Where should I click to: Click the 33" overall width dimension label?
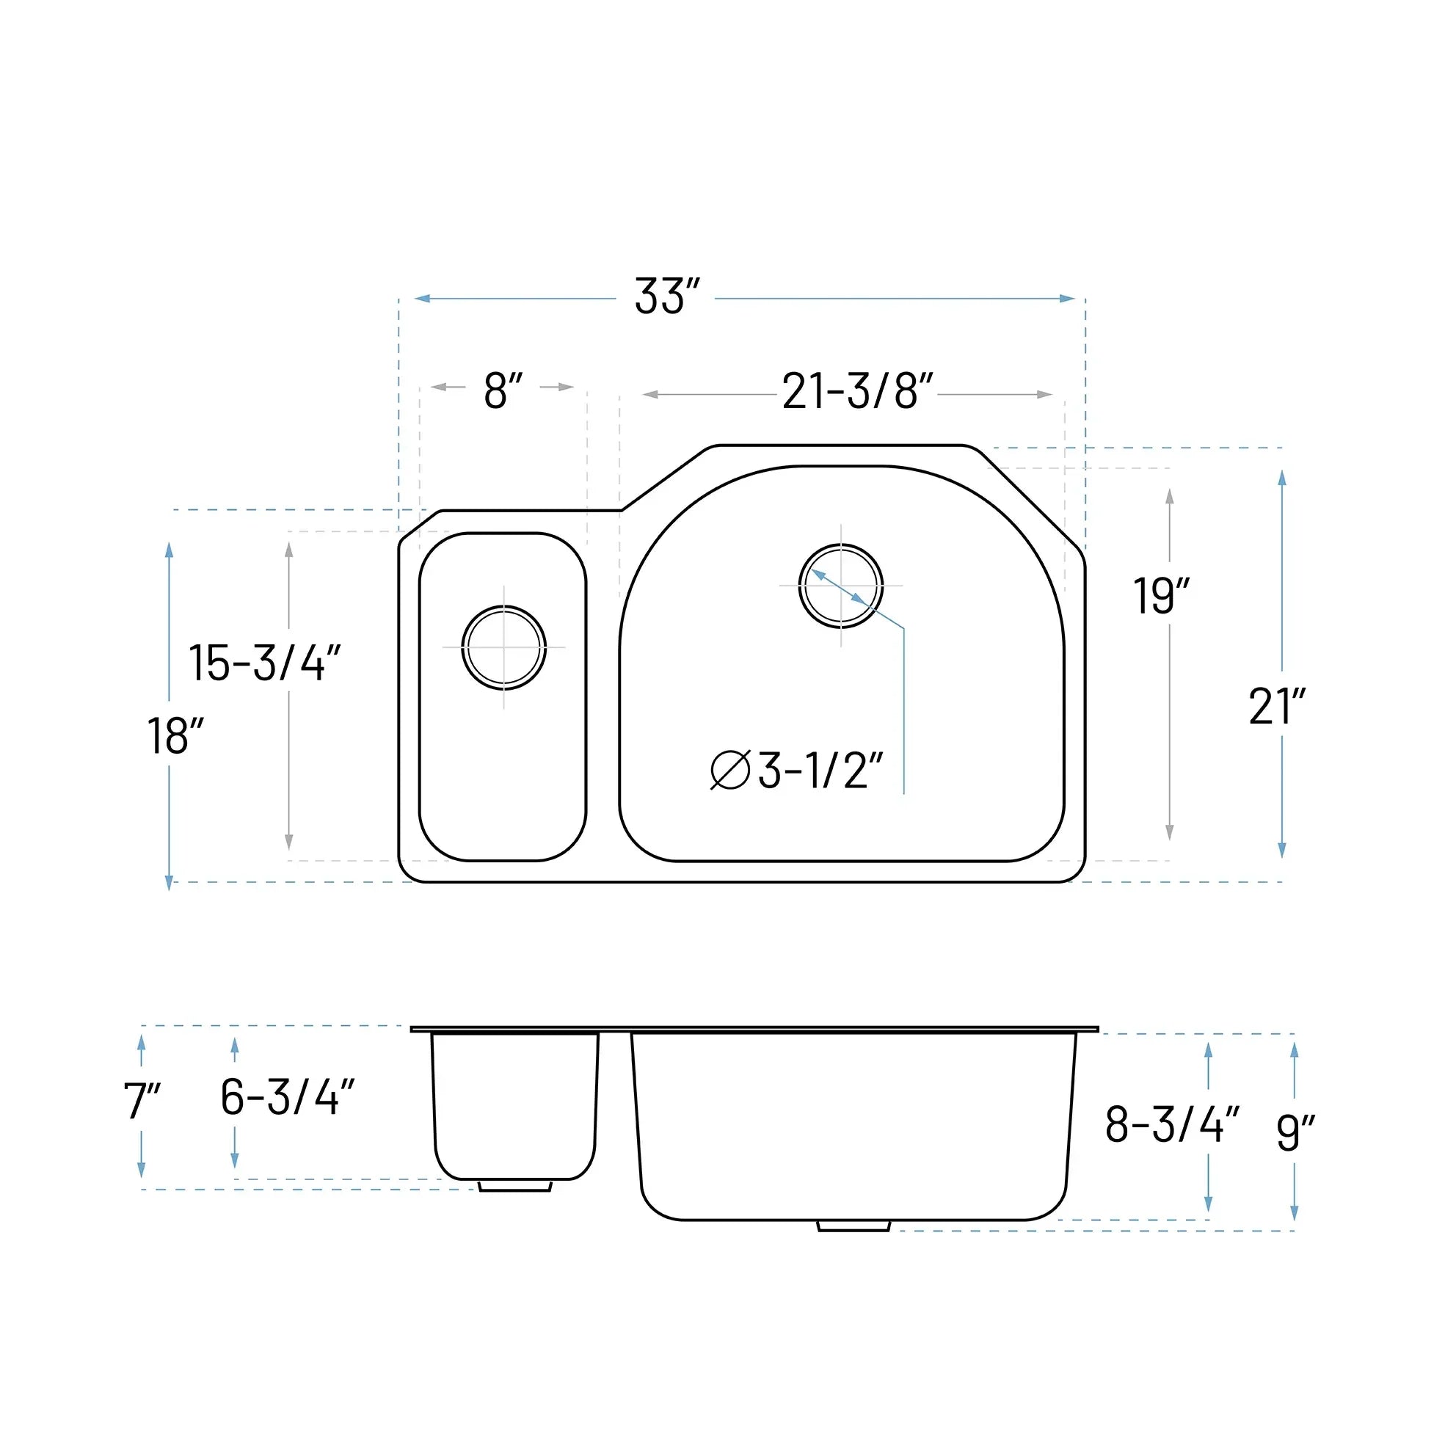667,297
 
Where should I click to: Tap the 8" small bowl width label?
503,391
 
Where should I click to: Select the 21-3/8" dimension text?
857,392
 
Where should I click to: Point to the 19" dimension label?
1160,596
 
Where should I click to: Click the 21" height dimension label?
1276,707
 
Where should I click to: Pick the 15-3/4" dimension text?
264,663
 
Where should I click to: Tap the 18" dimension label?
175,736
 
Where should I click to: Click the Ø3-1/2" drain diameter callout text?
797,771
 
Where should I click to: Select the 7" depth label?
142,1101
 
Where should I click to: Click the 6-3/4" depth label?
287,1097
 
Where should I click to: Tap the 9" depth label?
1295,1132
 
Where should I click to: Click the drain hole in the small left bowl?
503,647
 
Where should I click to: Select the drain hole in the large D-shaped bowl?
840,586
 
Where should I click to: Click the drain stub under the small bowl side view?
515,1186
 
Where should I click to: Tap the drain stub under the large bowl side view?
853,1226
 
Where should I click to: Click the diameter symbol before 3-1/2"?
729,771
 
